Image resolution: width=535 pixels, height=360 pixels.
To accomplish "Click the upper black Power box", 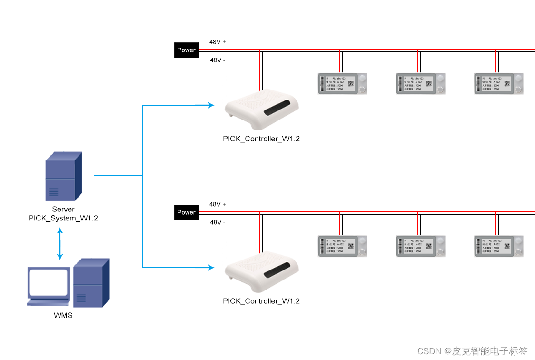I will click(x=186, y=50).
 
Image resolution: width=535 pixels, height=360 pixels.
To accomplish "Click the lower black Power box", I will click(x=186, y=212).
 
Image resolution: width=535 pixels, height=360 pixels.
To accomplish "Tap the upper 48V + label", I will click(x=218, y=42).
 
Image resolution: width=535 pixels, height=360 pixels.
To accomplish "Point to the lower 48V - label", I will click(x=218, y=222).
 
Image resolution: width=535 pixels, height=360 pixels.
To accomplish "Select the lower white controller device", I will click(x=261, y=272).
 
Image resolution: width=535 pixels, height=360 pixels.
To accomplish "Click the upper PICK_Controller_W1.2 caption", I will click(x=261, y=139).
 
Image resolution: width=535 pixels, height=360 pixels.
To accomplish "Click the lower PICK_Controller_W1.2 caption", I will click(x=261, y=301).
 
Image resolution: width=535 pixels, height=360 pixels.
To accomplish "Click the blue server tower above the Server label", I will click(x=63, y=176).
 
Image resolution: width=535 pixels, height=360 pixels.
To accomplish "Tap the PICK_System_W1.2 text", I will click(x=63, y=218).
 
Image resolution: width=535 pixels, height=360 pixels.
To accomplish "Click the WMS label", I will click(x=63, y=315).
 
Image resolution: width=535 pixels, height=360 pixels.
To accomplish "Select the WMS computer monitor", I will click(x=49, y=285).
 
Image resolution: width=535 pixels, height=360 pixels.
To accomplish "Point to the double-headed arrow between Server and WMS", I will click(x=60, y=244).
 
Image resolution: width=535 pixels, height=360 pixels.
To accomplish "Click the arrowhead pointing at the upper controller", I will click(x=211, y=105).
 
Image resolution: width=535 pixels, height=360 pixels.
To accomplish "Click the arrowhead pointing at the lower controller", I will click(x=211, y=268).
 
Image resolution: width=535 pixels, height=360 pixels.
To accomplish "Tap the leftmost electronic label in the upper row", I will click(x=343, y=84).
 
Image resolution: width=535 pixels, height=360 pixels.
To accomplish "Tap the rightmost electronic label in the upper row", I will click(x=499, y=84).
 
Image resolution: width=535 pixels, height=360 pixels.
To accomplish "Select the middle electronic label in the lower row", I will click(x=421, y=246).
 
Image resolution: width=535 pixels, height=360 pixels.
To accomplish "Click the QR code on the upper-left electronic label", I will click(x=351, y=84).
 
